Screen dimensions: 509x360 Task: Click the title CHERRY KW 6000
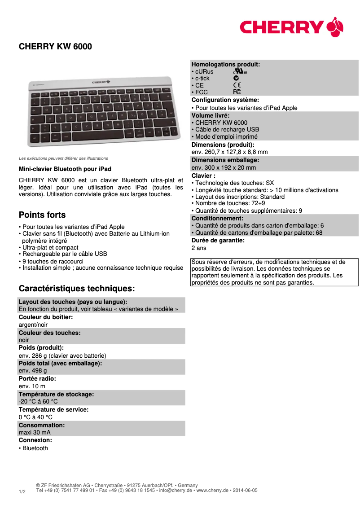[55, 47]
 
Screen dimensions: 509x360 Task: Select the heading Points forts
[42, 215]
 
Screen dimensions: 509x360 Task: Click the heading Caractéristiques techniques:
[77, 288]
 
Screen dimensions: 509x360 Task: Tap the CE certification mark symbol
[237, 85]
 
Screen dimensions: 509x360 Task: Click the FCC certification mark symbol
[237, 92]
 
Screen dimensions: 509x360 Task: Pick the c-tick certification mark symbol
[236, 78]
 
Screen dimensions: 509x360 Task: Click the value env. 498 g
[33, 371]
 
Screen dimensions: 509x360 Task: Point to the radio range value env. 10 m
[32, 386]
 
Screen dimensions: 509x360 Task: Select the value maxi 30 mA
[35, 432]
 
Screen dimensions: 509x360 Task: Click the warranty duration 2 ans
[199, 248]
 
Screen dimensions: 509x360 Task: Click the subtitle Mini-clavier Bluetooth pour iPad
[65, 169]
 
